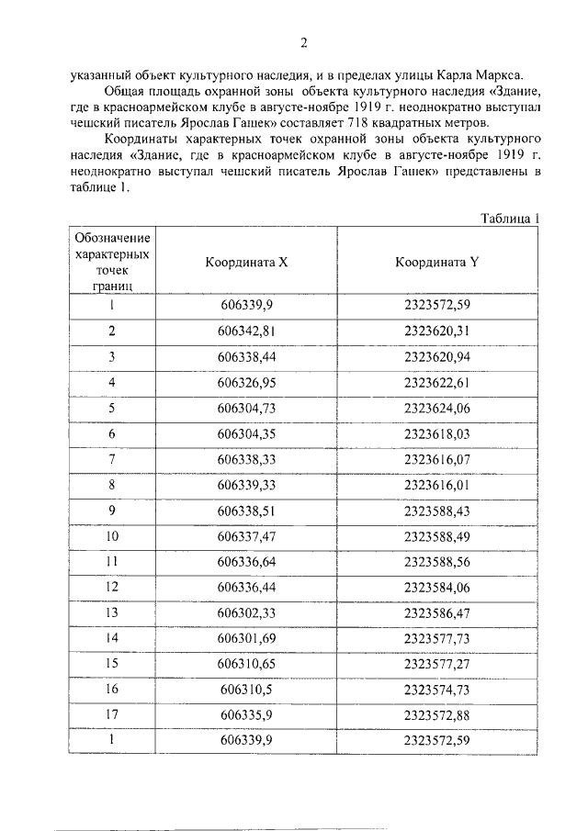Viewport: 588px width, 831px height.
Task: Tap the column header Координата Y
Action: coord(437,261)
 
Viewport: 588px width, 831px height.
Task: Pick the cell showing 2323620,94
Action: coord(437,355)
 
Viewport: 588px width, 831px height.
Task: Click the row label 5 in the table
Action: coord(112,407)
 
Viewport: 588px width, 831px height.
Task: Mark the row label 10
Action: coord(112,534)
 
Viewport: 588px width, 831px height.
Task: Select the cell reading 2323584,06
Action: coord(437,586)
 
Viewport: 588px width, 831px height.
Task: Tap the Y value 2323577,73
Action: coord(437,637)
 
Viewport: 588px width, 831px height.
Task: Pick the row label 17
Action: coord(112,714)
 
